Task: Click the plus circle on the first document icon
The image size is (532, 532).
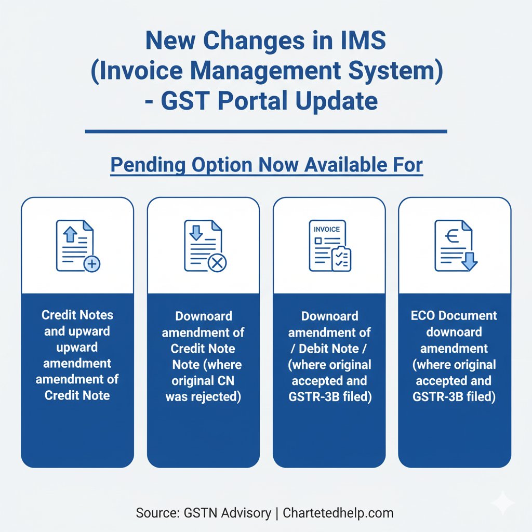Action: coord(92,264)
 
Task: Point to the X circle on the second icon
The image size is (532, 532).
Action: coord(217,264)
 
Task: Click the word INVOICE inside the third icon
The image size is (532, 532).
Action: coord(327,229)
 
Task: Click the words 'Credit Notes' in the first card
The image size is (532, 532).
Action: coord(77,315)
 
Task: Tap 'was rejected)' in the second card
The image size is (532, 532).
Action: coord(203,397)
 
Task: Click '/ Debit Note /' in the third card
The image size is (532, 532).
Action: coord(329,348)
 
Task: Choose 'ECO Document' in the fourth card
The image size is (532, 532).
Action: coord(455,315)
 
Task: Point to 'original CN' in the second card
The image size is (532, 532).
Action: coord(203,381)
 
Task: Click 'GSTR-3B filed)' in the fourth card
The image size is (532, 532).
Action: coord(455,397)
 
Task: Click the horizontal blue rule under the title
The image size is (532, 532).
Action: coord(265,131)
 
